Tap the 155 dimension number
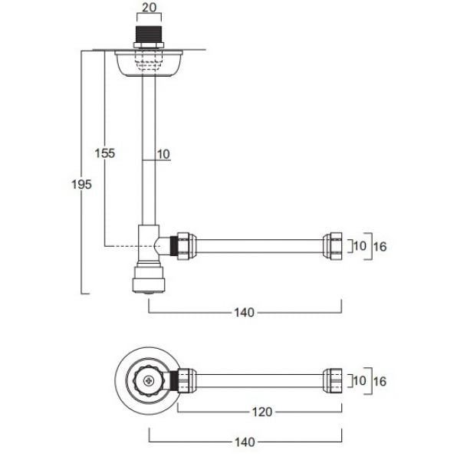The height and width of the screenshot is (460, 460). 106,153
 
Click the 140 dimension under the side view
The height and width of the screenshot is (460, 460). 245,312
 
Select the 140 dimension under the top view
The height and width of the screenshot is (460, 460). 245,442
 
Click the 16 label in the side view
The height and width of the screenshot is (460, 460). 381,246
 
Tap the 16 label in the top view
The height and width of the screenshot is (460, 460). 381,381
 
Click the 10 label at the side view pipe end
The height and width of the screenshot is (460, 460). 359,246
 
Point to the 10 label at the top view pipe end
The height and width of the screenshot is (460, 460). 359,381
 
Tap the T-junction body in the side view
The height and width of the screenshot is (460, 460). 146,244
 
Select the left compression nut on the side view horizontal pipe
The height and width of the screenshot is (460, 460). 184,245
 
